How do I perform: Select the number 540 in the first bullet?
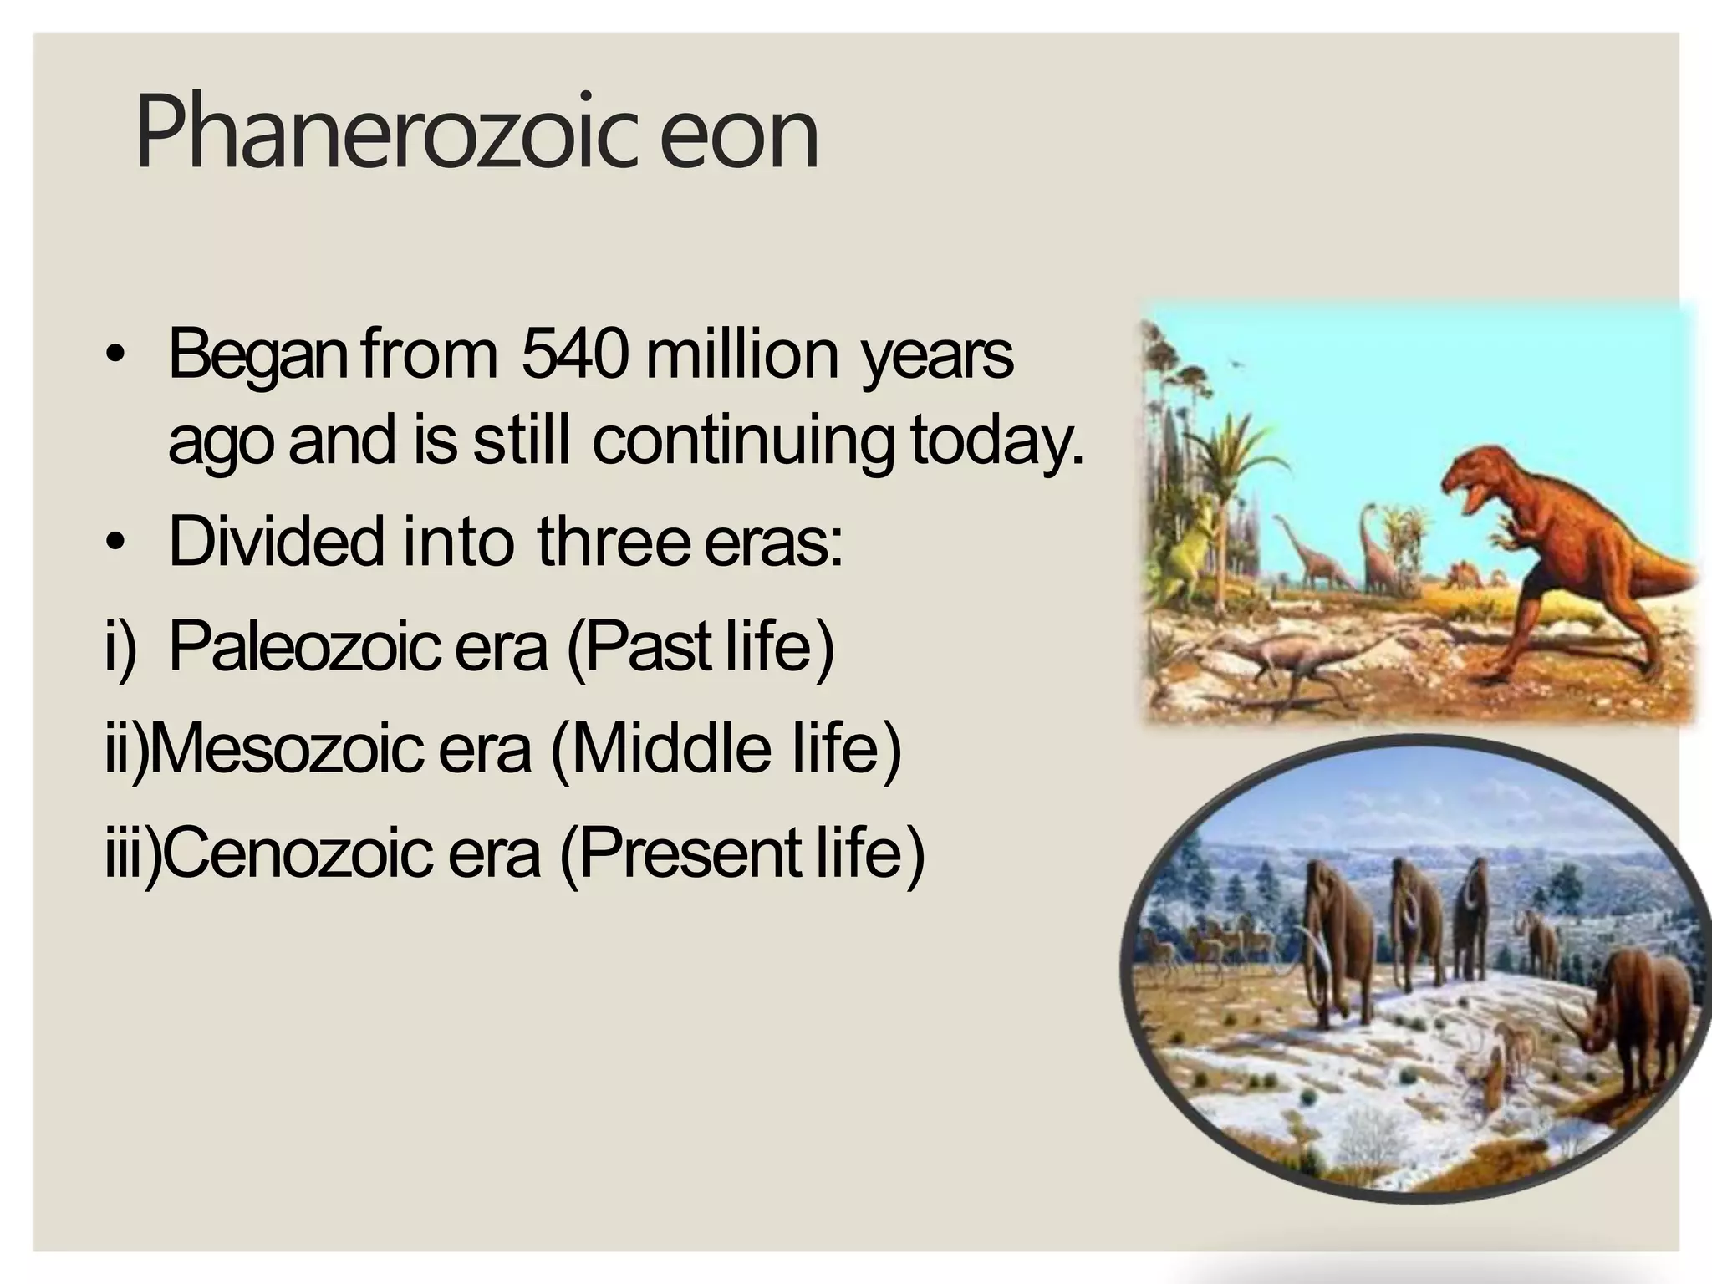click(x=574, y=354)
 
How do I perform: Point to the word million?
click(x=742, y=354)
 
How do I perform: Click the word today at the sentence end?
click(x=990, y=441)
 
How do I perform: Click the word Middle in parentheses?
click(x=669, y=747)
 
